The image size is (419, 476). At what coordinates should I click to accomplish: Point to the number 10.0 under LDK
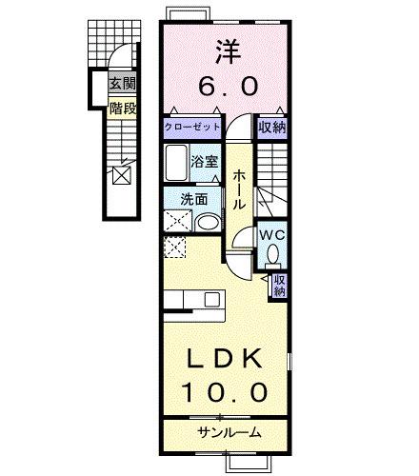(x=225, y=390)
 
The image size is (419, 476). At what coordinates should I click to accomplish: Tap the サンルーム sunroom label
(x=229, y=433)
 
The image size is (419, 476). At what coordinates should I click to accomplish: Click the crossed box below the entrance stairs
(x=122, y=175)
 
